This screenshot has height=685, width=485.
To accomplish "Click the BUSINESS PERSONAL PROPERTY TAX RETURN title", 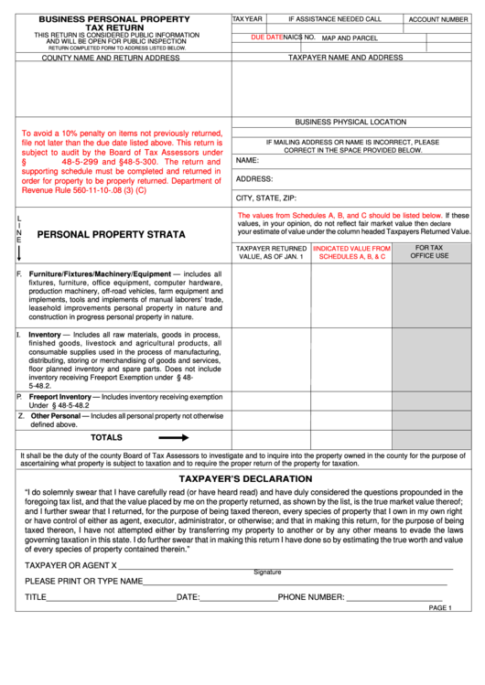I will click(114, 23).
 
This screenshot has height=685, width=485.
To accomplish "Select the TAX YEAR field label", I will click(247, 18).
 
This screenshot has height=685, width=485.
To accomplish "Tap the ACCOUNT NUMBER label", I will click(437, 19).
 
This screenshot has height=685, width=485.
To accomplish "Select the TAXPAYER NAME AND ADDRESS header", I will click(345, 57).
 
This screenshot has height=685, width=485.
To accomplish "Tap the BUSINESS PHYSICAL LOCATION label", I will click(350, 122).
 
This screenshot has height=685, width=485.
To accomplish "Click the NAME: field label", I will click(247, 160).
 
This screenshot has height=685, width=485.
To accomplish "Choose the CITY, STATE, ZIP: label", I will click(266, 198).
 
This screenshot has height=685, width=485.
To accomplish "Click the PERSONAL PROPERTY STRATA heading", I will click(111, 235).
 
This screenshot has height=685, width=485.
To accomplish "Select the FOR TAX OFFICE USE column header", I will click(428, 252).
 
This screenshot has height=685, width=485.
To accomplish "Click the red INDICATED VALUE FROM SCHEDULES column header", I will click(351, 252).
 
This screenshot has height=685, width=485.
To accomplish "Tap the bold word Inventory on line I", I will click(44, 335).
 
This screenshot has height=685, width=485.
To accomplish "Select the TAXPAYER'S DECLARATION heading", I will click(244, 478).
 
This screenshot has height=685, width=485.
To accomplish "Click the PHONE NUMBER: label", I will click(310, 597).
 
